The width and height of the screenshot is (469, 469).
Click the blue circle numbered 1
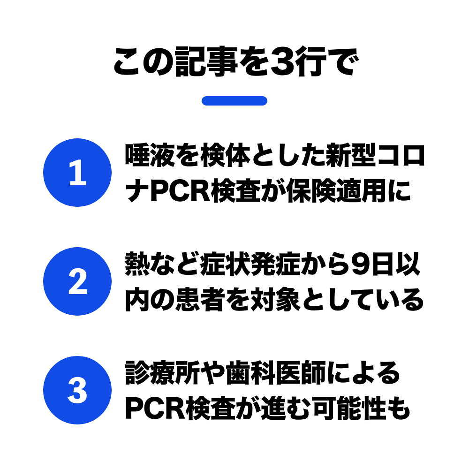[x=77, y=173]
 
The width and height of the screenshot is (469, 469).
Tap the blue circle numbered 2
[x=77, y=281]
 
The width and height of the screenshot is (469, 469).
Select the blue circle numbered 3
[x=77, y=390]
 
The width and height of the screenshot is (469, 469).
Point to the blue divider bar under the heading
[x=234, y=101]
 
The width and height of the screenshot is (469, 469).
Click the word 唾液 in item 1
[x=150, y=155]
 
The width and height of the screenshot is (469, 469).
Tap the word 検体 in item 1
[x=226, y=155]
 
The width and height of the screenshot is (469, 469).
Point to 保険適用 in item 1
[x=337, y=191]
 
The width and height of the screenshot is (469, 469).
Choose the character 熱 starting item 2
[x=137, y=264]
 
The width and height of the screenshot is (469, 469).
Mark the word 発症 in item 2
[x=276, y=264]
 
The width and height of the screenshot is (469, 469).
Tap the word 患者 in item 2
[x=200, y=299]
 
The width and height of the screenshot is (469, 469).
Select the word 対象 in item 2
[x=276, y=299]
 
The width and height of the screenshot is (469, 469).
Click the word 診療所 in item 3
[x=163, y=372]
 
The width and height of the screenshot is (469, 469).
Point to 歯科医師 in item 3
[x=276, y=372]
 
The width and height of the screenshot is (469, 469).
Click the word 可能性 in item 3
[x=349, y=408]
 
